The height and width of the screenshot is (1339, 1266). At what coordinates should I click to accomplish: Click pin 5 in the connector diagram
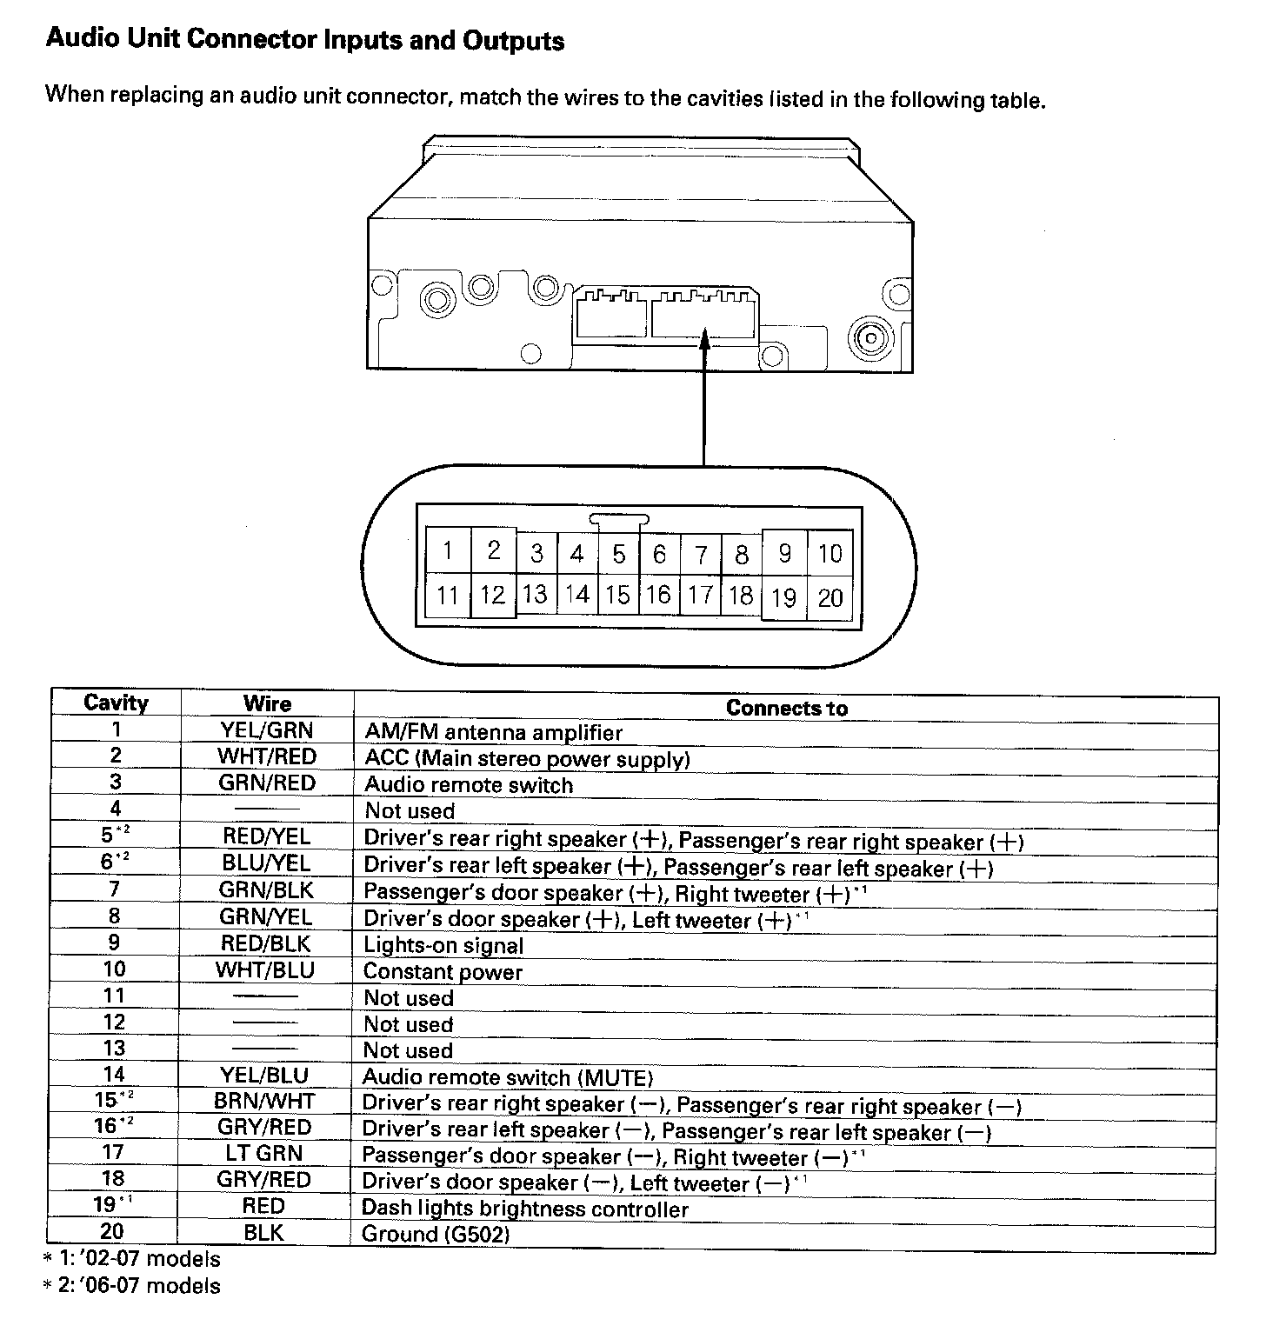(619, 554)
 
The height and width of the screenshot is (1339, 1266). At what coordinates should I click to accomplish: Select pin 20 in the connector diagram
(830, 597)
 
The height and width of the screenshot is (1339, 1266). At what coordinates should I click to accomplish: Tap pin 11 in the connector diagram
(448, 595)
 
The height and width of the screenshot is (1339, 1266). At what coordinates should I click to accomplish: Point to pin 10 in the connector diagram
(830, 554)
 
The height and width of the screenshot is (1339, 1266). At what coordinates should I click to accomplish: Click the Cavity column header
(116, 703)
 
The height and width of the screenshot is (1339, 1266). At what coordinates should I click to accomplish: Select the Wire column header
(267, 703)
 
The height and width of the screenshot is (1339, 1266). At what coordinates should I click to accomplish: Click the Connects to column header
(786, 708)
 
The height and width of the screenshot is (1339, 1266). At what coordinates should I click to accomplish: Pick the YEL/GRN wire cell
(266, 730)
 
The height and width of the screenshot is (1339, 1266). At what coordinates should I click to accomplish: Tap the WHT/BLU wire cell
(265, 969)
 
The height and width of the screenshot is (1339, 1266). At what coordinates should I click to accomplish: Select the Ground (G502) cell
(436, 1234)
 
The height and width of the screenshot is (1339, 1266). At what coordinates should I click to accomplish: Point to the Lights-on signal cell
(443, 945)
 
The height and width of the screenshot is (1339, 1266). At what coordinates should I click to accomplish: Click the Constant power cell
(443, 971)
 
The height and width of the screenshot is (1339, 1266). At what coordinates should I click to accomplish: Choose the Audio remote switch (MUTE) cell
(507, 1078)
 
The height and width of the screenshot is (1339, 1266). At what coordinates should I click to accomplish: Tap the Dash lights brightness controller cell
(524, 1209)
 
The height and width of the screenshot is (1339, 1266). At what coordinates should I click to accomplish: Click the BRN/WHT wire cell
(264, 1101)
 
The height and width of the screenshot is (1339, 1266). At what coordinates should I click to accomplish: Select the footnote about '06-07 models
(132, 1285)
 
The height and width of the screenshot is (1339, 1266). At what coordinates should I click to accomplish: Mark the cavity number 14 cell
(114, 1075)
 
